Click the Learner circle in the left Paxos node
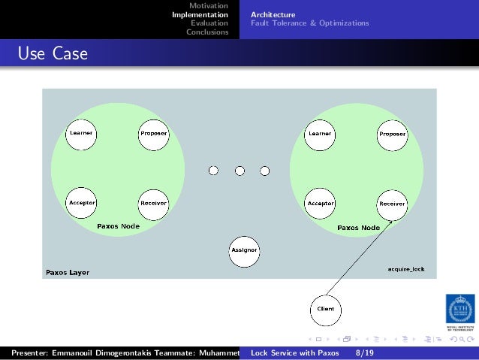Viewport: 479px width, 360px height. coord(81,133)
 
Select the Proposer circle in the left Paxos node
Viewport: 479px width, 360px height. coord(153,134)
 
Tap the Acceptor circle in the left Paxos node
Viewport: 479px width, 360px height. coord(81,203)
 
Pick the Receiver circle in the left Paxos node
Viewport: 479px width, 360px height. coord(153,203)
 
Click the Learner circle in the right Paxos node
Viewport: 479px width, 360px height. coord(319,134)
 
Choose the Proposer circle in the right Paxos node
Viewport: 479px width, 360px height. coord(392,135)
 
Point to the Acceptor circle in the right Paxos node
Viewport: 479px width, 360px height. coord(321,203)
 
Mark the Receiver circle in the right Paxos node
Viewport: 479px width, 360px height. coord(392,204)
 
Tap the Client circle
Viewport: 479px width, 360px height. coord(326,309)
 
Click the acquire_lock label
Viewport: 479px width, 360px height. coord(405,268)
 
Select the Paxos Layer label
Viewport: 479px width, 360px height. coord(68,272)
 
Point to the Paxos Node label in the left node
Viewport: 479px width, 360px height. coord(118,225)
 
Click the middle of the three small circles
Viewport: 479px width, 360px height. coord(239,171)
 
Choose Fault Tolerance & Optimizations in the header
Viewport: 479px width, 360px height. coord(309,23)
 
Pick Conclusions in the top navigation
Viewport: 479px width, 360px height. coord(207,32)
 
